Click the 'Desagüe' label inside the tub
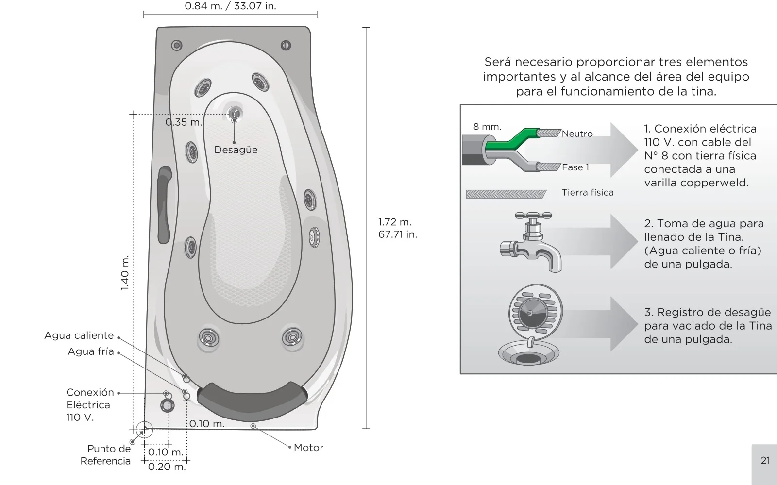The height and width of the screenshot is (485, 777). [236, 150]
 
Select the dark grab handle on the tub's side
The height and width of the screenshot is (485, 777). [164, 204]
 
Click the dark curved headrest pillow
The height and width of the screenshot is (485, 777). [252, 401]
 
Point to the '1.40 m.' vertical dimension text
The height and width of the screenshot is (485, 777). [124, 273]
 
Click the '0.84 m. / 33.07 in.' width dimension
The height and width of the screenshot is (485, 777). [230, 6]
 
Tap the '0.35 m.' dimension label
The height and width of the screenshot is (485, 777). [184, 122]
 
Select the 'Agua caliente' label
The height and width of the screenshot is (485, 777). [79, 335]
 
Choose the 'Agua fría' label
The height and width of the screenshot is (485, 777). [90, 351]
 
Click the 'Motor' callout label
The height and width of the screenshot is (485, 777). [308, 448]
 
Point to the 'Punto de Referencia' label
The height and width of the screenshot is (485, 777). [105, 455]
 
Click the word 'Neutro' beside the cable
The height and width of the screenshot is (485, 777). [577, 134]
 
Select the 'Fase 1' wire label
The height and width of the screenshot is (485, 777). [575, 167]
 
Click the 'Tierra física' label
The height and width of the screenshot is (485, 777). [588, 192]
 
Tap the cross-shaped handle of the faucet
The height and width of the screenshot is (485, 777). [533, 216]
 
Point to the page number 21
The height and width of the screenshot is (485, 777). [765, 460]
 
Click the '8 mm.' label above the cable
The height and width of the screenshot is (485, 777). [487, 127]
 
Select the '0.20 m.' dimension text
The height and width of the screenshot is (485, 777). [167, 467]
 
